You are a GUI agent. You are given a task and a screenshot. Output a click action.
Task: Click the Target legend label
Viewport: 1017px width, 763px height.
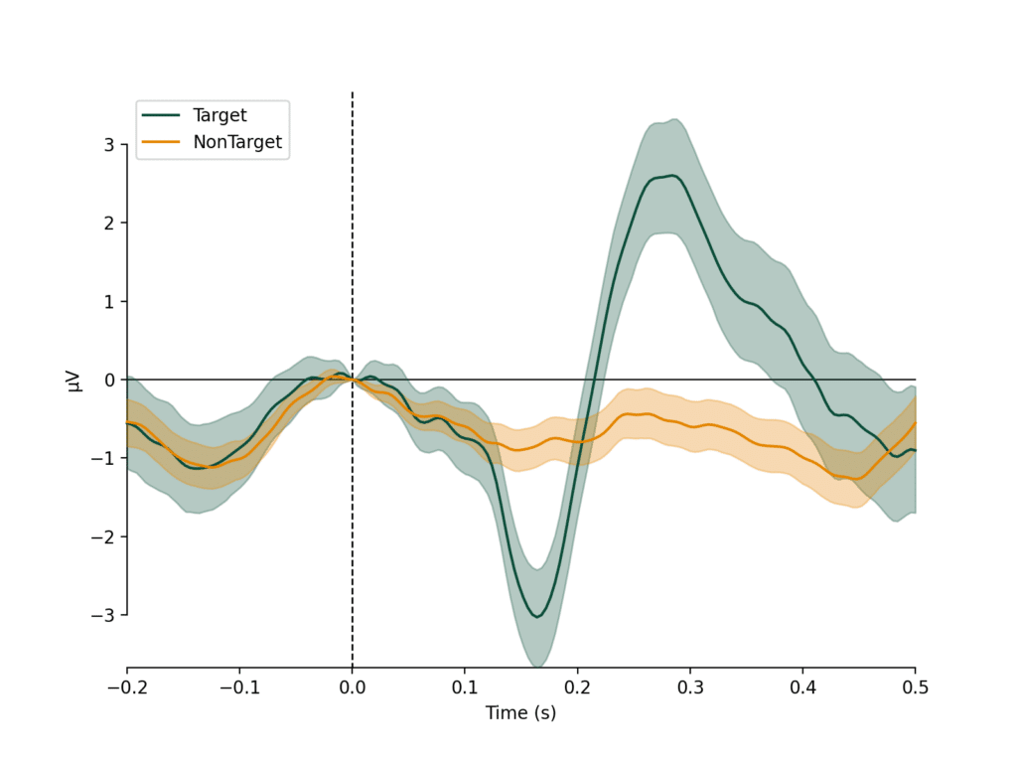point(219,115)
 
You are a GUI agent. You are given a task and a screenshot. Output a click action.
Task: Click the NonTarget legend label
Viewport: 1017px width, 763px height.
point(237,142)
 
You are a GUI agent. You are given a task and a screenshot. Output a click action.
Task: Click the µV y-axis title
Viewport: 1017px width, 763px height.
point(75,380)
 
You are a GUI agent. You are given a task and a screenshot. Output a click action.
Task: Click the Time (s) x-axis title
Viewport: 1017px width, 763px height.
point(520,712)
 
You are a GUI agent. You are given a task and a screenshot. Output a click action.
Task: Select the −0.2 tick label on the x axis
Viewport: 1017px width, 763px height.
point(127,687)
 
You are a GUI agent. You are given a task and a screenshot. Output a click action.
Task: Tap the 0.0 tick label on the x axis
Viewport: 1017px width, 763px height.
point(352,687)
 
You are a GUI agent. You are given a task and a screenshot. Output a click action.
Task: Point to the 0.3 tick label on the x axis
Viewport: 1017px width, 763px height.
point(690,687)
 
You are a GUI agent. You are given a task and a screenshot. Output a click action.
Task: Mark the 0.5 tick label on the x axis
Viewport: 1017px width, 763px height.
point(915,687)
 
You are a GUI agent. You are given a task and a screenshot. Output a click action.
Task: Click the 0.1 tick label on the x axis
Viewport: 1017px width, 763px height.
point(465,687)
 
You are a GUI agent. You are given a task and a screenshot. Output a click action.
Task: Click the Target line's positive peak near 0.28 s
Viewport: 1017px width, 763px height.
point(674,176)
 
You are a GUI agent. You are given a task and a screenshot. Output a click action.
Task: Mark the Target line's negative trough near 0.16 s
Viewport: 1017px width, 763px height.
point(537,617)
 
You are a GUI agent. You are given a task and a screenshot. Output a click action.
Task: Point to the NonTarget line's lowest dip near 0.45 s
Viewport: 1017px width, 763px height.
point(856,479)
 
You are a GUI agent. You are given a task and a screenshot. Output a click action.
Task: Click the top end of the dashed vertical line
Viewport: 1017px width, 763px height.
point(353,93)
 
